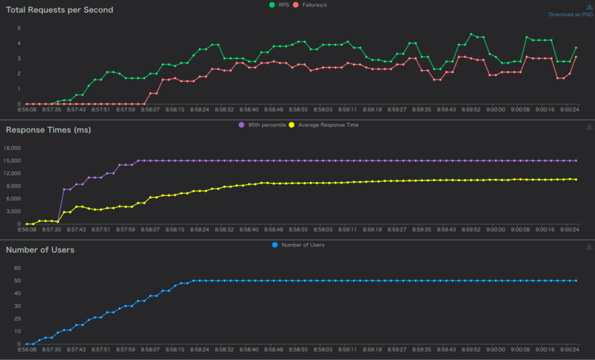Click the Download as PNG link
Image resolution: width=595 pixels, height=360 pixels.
pyautogui.click(x=571, y=15)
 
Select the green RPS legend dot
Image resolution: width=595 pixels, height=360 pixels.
pyautogui.click(x=272, y=5)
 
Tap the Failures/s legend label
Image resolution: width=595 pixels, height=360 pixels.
pyautogui.click(x=314, y=5)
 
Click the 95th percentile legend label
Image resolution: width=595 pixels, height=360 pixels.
pyautogui.click(x=267, y=125)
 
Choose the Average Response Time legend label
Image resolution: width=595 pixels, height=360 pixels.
pyautogui.click(x=328, y=125)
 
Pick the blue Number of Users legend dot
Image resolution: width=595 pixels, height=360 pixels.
pyautogui.click(x=275, y=245)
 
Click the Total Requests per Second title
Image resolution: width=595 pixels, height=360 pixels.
pyautogui.click(x=60, y=10)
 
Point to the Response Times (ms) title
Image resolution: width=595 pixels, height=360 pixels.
pyautogui.click(x=49, y=129)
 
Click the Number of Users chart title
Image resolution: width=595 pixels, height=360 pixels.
pyautogui.click(x=40, y=250)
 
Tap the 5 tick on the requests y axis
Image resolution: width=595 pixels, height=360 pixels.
pyautogui.click(x=19, y=28)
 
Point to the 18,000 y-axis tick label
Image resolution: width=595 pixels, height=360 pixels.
pyautogui.click(x=12, y=148)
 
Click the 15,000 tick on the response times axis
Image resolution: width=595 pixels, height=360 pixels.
pyautogui.click(x=12, y=161)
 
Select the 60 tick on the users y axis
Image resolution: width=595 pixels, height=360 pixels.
pyautogui.click(x=17, y=268)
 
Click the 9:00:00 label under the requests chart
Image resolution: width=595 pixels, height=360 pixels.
pyautogui.click(x=496, y=110)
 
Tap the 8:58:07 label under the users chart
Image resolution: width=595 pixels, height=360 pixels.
pyautogui.click(x=150, y=350)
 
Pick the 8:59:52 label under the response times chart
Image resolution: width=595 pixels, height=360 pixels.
pyautogui.click(x=471, y=229)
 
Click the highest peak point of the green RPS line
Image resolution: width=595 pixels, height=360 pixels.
pyautogui.click(x=471, y=34)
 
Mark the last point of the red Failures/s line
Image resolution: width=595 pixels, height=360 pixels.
pyautogui.click(x=576, y=57)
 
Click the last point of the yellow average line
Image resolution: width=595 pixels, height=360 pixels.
pyautogui.click(x=576, y=179)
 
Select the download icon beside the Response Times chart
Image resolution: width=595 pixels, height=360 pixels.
pyautogui.click(x=589, y=127)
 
